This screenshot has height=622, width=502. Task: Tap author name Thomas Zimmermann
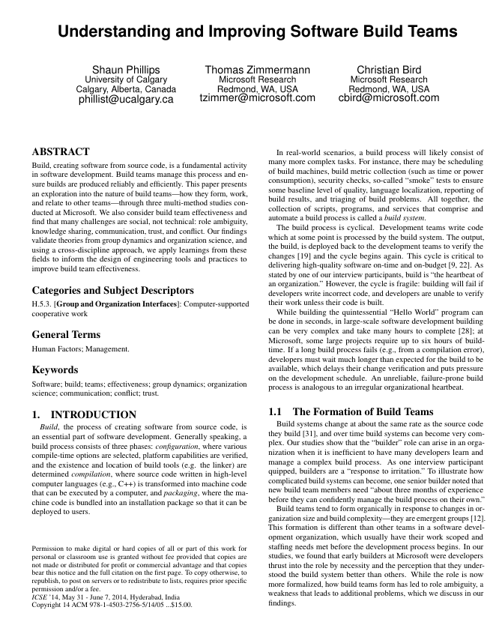pyautogui.click(x=257, y=70)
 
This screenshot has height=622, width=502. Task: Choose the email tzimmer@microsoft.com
pyautogui.click(x=257, y=97)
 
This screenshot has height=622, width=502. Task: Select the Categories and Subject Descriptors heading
pyautogui.click(x=112, y=290)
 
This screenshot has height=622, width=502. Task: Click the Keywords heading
pyautogui.click(x=55, y=369)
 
